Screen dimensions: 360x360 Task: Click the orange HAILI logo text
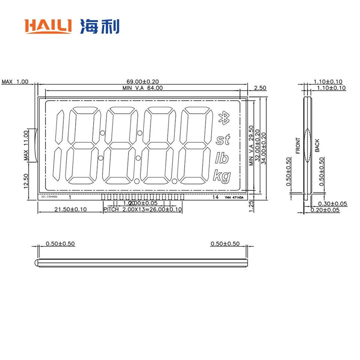point(48,27)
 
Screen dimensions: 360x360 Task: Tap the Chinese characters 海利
point(99,27)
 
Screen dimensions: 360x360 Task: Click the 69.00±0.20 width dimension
point(142,81)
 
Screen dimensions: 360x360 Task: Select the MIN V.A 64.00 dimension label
point(142,88)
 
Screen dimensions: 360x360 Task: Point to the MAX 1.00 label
point(15,81)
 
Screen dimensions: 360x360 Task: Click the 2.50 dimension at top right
point(260,88)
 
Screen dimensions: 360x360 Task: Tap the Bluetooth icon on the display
point(223,118)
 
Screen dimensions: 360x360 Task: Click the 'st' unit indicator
point(223,140)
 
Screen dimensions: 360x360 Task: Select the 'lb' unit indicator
point(222,158)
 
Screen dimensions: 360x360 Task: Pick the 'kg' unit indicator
point(222,176)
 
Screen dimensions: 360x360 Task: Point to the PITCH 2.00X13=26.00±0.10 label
point(142,209)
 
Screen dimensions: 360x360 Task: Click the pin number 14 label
point(215,197)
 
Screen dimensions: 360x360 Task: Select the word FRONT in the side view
point(298,145)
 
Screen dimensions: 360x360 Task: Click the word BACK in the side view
point(317,145)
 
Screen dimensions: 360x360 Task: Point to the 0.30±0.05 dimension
point(332,204)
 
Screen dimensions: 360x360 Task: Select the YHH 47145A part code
point(234,197)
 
